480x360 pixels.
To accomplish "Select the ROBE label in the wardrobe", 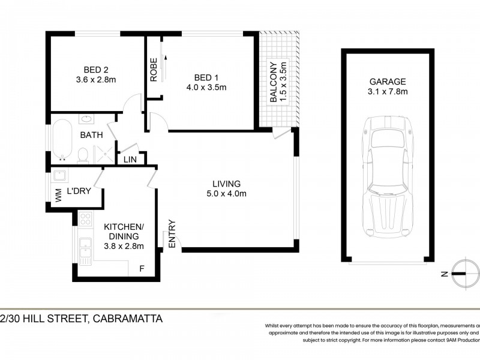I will tap(154, 69).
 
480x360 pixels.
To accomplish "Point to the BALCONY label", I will tap(274, 82).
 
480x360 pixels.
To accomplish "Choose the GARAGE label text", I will tap(387, 82).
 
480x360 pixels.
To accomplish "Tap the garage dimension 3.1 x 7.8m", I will tap(387, 92).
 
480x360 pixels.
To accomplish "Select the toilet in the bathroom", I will tap(83, 155).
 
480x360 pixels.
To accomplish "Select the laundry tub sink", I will tap(59, 176).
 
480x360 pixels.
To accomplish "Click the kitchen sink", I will tap(85, 250).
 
